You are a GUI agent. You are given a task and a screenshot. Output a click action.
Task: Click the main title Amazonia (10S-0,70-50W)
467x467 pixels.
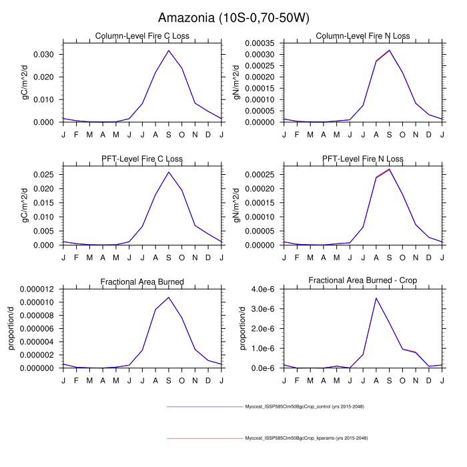coord(233,17)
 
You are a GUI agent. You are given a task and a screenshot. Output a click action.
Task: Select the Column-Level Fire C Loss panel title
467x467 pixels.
coord(142,36)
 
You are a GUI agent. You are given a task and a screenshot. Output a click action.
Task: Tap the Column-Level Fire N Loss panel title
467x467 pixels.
coord(363,36)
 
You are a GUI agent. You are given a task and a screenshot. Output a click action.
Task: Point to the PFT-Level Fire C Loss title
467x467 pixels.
coord(142,159)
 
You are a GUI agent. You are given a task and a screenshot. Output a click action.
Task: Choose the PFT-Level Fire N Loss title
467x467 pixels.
coord(363,159)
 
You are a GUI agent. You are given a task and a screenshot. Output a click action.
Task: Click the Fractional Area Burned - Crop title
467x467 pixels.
coord(363,282)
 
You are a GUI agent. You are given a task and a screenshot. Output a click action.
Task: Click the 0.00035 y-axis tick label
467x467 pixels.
coord(261,43)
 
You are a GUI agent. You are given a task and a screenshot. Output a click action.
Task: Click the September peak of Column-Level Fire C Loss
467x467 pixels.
coord(169,50)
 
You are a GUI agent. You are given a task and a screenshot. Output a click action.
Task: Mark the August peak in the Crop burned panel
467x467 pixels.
coord(376,298)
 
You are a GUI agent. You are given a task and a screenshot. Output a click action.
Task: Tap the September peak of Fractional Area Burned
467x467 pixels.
coord(169,297)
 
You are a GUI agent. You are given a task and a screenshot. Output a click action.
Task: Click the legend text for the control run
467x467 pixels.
coord(304,406)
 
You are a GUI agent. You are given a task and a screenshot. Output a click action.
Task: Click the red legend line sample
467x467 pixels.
coord(204,438)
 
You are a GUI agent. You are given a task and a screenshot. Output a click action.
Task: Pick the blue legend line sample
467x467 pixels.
coord(204,406)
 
